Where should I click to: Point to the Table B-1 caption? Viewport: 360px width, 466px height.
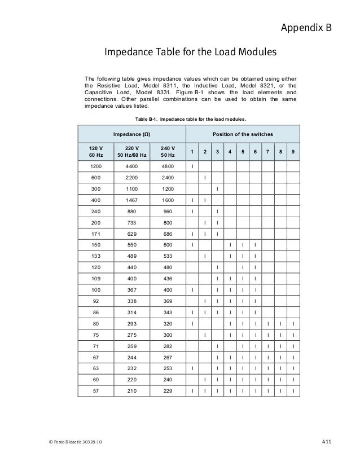191,119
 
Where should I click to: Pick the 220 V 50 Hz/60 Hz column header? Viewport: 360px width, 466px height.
131,152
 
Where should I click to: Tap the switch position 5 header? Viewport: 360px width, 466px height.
243,152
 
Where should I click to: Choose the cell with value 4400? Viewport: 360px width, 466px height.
131,166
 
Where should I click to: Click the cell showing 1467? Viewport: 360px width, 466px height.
131,200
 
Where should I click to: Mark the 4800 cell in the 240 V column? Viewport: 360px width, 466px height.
168,166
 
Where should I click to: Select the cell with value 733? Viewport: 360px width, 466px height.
131,223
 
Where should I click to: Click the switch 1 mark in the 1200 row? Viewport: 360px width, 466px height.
193,166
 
